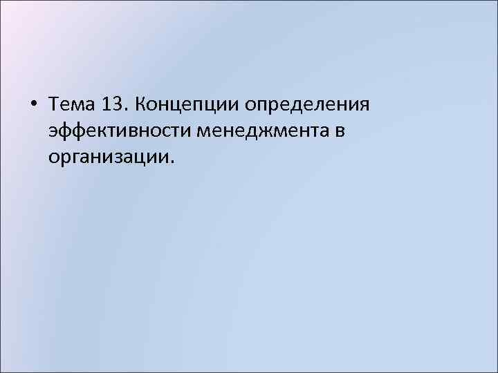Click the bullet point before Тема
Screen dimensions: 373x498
[x=35, y=105]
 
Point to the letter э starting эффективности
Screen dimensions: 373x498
[x=54, y=132]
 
